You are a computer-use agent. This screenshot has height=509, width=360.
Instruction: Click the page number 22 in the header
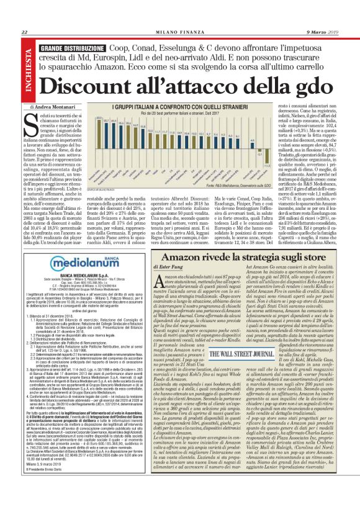point(24,32)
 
